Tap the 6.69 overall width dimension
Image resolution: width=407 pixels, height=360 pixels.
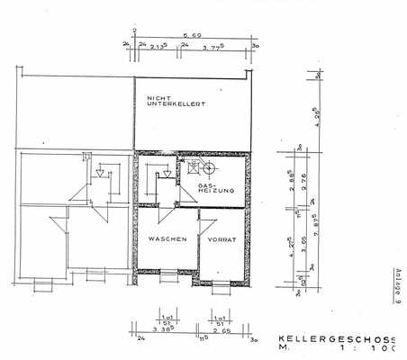[x=191, y=37]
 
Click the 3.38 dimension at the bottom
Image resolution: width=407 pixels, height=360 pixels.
[x=163, y=330]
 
